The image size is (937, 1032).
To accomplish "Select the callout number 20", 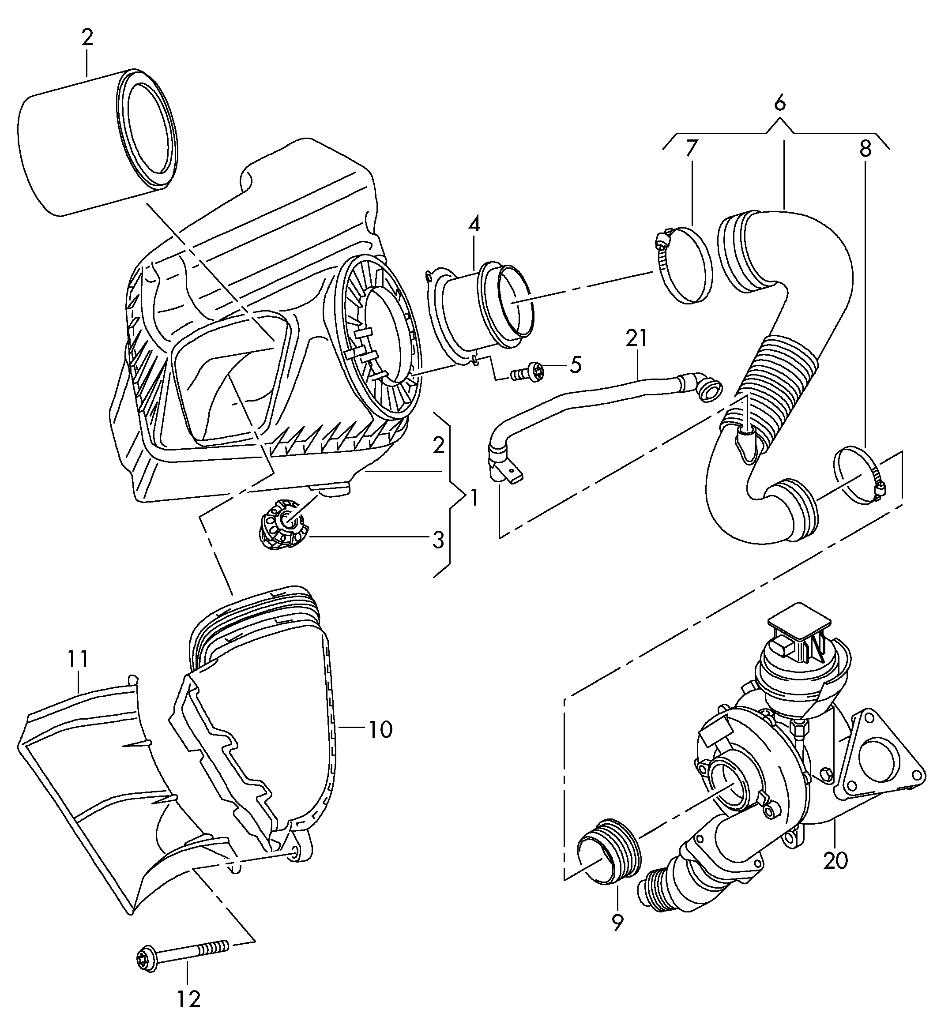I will coord(835,859).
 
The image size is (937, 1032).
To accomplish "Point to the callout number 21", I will coord(636,338).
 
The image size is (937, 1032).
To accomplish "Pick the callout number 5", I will coord(575,365).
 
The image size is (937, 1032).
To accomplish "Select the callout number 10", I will coord(380,729).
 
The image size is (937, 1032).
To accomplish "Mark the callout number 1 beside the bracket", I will coord(474,497).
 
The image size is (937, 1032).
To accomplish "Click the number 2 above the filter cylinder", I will coord(87,38).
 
